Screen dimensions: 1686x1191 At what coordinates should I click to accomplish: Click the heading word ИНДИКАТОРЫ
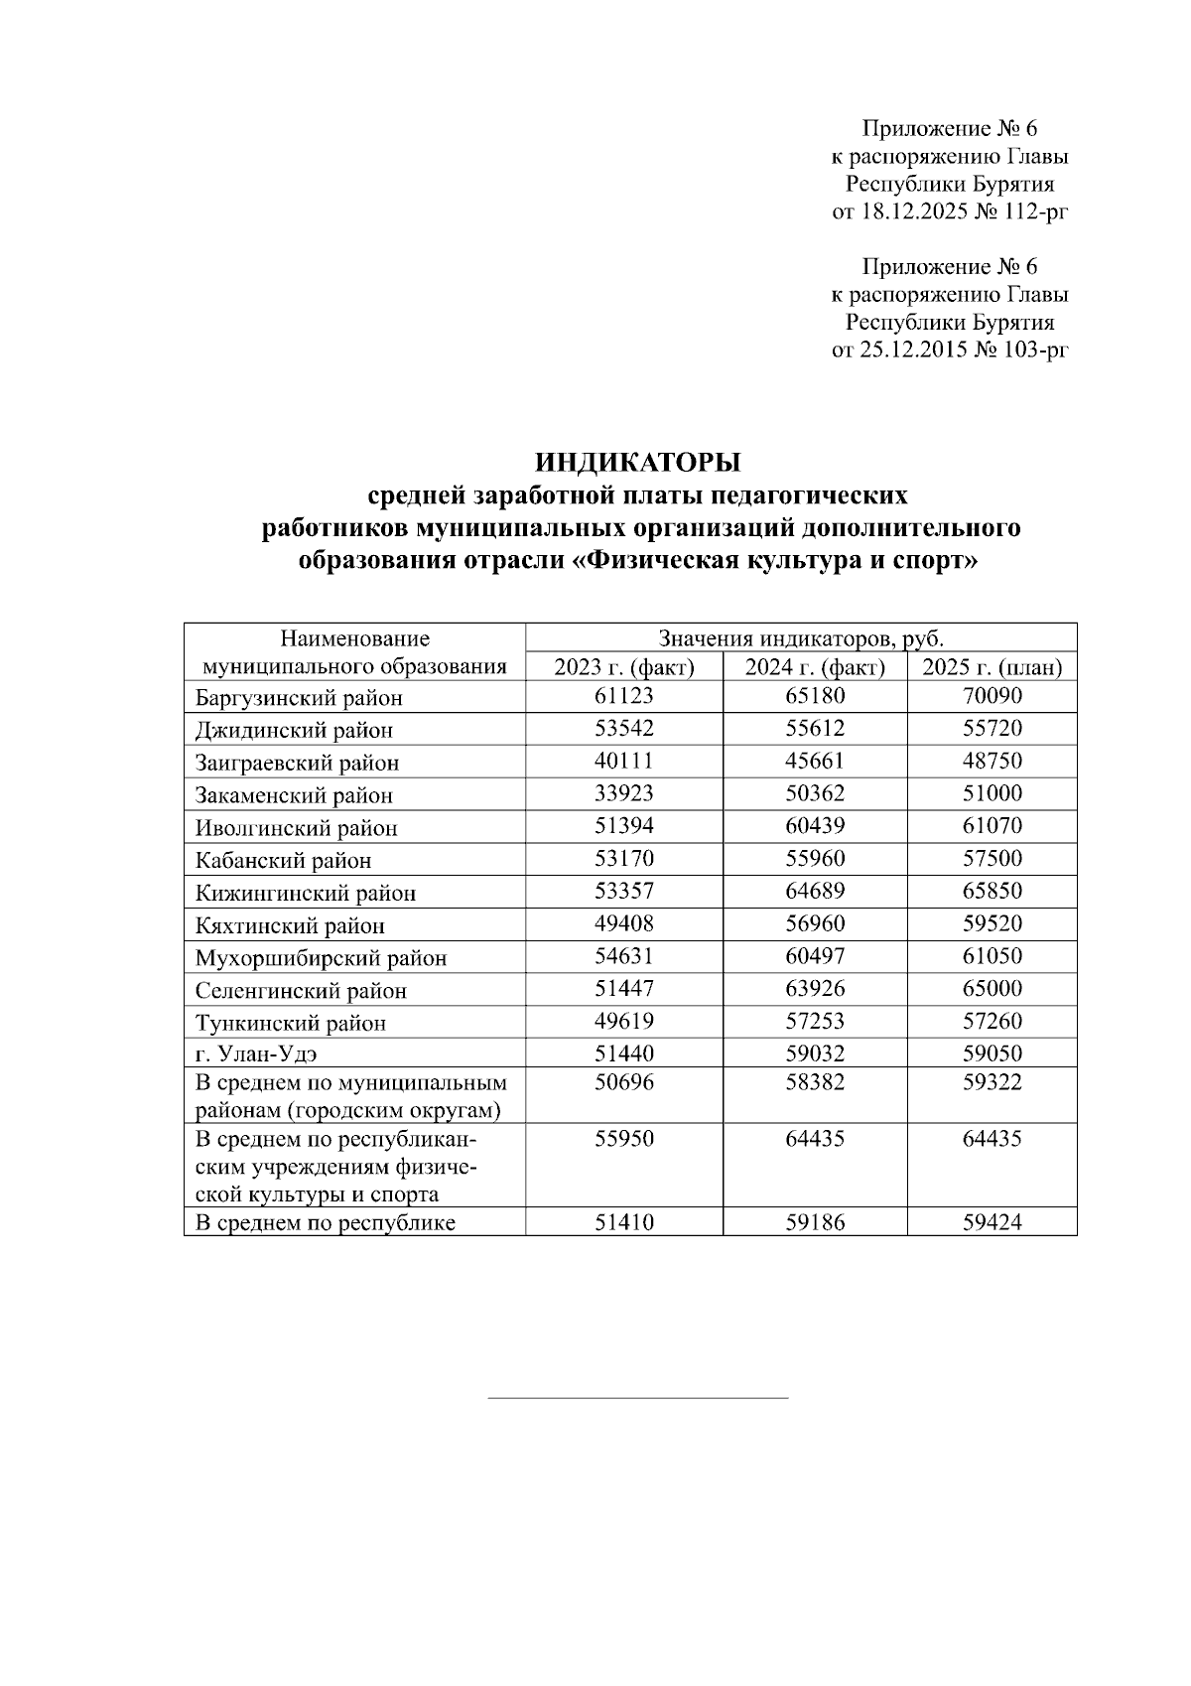[x=638, y=463]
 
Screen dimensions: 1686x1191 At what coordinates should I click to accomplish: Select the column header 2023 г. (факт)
[x=623, y=667]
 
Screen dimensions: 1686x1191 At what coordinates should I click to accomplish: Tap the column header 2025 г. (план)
[x=992, y=667]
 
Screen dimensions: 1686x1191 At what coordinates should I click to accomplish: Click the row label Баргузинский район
[x=299, y=698]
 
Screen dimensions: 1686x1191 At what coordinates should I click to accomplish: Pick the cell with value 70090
[x=992, y=696]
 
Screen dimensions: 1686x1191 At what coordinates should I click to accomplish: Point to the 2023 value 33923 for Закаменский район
[x=623, y=793]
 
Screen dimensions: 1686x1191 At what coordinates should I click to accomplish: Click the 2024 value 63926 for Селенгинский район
[x=815, y=989]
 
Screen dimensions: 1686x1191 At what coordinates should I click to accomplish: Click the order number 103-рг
[x=1034, y=350]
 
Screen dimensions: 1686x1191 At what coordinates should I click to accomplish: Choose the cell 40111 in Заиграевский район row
[x=623, y=761]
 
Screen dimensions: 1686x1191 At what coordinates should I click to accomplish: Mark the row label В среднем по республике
[x=326, y=1223]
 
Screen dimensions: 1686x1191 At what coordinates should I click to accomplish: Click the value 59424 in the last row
[x=992, y=1222]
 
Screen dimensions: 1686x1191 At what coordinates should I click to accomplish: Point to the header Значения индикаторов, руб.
[x=800, y=637]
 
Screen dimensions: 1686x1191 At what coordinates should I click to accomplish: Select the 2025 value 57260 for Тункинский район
[x=992, y=1021]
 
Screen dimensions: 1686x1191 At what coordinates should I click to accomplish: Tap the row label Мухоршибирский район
[x=321, y=959]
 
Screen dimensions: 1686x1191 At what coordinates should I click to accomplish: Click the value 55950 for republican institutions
[x=623, y=1139]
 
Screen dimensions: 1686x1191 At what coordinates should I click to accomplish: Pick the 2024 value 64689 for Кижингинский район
[x=815, y=891]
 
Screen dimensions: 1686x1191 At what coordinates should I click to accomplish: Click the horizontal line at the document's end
[x=638, y=1398]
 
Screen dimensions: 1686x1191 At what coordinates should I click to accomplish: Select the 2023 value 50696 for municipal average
[x=623, y=1082]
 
